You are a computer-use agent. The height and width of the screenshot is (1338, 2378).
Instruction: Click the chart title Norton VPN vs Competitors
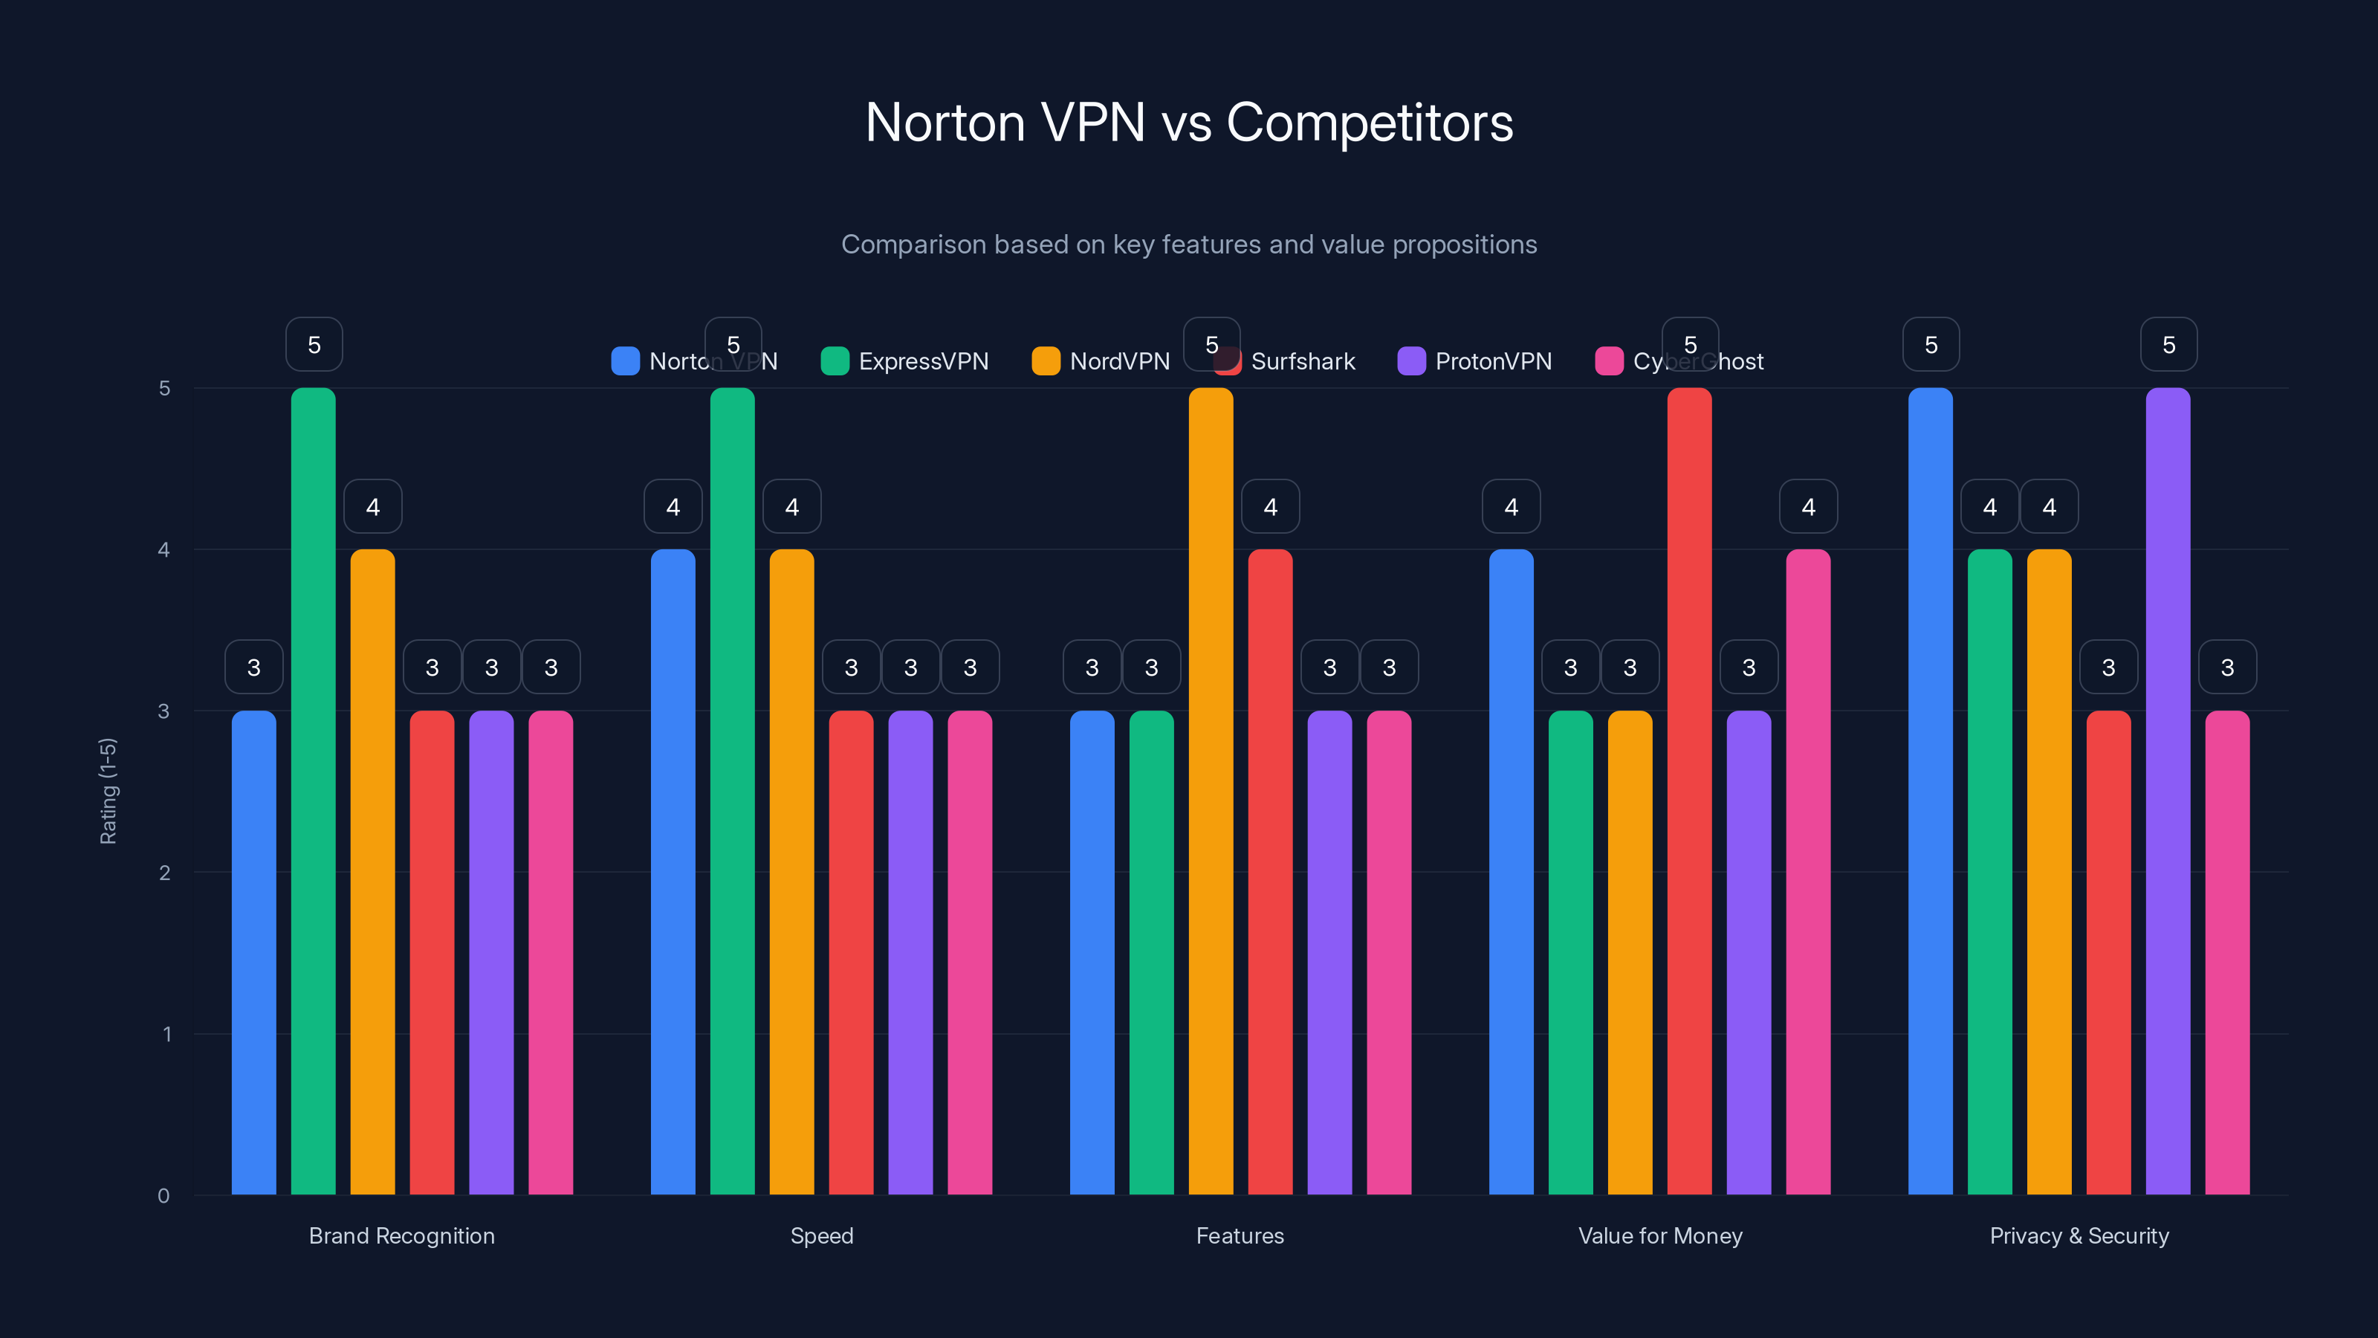[x=1189, y=122]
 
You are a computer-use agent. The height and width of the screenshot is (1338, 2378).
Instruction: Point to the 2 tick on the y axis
[x=164, y=873]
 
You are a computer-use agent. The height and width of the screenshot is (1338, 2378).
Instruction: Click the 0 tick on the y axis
[x=163, y=1196]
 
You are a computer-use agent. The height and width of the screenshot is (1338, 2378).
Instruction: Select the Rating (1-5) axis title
[x=108, y=792]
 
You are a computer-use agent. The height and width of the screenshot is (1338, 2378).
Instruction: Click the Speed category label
[x=822, y=1235]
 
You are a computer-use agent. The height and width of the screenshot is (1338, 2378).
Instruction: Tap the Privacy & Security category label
[x=2079, y=1235]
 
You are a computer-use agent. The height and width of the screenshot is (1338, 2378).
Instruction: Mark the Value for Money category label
[x=1660, y=1235]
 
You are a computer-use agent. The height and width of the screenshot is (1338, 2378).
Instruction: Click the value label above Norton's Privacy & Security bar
[x=1931, y=344]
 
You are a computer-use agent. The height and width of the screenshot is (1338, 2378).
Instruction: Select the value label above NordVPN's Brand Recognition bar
[x=373, y=506]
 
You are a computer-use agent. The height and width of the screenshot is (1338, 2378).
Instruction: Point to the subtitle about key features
[x=1189, y=245]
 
